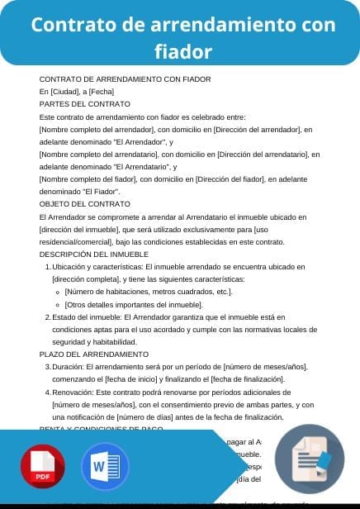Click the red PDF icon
[x=43, y=467]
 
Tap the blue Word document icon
[x=105, y=467]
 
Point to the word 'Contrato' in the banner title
[x=68, y=25]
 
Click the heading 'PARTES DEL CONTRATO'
[x=85, y=104]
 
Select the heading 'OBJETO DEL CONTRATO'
[x=85, y=203]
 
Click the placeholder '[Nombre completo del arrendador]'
[x=98, y=130]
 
